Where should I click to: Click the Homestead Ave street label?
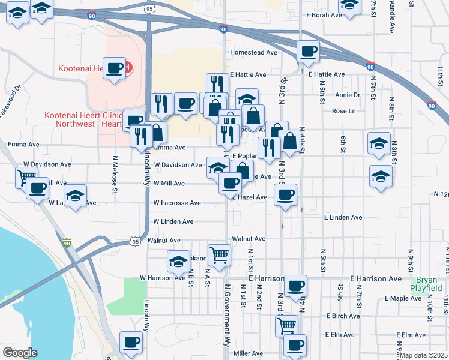(x=253, y=53)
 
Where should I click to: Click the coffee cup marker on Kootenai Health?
(x=114, y=68)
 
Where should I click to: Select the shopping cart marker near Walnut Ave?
(x=219, y=254)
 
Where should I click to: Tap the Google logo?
(x=19, y=353)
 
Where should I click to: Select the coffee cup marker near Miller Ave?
(x=294, y=346)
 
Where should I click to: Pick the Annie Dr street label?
(x=348, y=95)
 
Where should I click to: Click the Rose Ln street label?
(x=343, y=111)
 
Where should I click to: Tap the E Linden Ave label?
(x=343, y=218)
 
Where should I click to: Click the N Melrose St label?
(x=114, y=174)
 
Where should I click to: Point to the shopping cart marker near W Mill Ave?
(x=26, y=176)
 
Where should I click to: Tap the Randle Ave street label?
(x=391, y=18)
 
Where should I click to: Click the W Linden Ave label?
(x=173, y=222)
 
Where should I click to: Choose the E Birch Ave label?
(x=343, y=316)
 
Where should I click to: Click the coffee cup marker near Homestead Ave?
(x=308, y=52)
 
